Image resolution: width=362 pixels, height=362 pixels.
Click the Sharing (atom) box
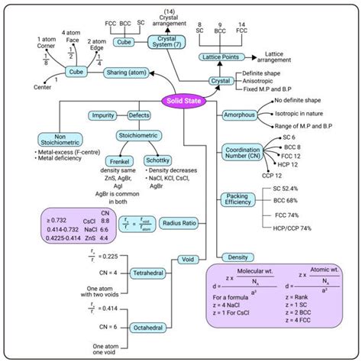(x=128, y=74)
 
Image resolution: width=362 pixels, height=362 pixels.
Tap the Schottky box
(x=157, y=161)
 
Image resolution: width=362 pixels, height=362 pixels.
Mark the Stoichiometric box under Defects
(x=138, y=135)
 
